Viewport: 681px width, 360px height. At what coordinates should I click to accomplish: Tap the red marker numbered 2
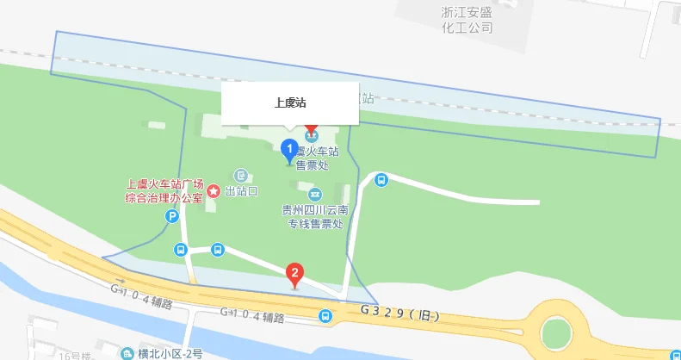pyautogui.click(x=295, y=276)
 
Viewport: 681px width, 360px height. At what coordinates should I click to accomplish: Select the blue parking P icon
pyautogui.click(x=172, y=219)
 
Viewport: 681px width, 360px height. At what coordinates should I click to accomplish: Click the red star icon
pyautogui.click(x=213, y=189)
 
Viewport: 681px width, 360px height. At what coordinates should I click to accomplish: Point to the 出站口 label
pyautogui.click(x=242, y=189)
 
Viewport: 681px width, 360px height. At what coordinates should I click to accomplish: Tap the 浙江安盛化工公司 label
pyautogui.click(x=466, y=20)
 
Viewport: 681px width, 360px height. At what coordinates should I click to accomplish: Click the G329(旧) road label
pyautogui.click(x=400, y=311)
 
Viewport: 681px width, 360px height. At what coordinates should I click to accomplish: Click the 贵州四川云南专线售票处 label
pyautogui.click(x=315, y=216)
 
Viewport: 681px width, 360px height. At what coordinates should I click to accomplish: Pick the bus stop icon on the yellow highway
pyautogui.click(x=325, y=317)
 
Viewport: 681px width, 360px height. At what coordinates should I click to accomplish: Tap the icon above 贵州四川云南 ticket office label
pyautogui.click(x=315, y=193)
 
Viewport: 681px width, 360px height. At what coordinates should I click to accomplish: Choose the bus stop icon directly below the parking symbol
pyautogui.click(x=181, y=250)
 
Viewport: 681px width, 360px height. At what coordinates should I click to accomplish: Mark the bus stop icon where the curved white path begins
pyautogui.click(x=381, y=179)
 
